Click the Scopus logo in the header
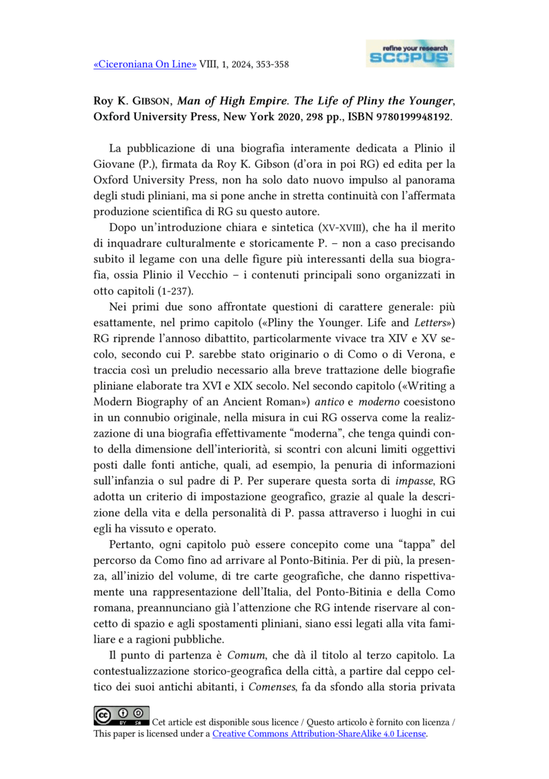410,53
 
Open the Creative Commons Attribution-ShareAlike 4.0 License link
319,734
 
